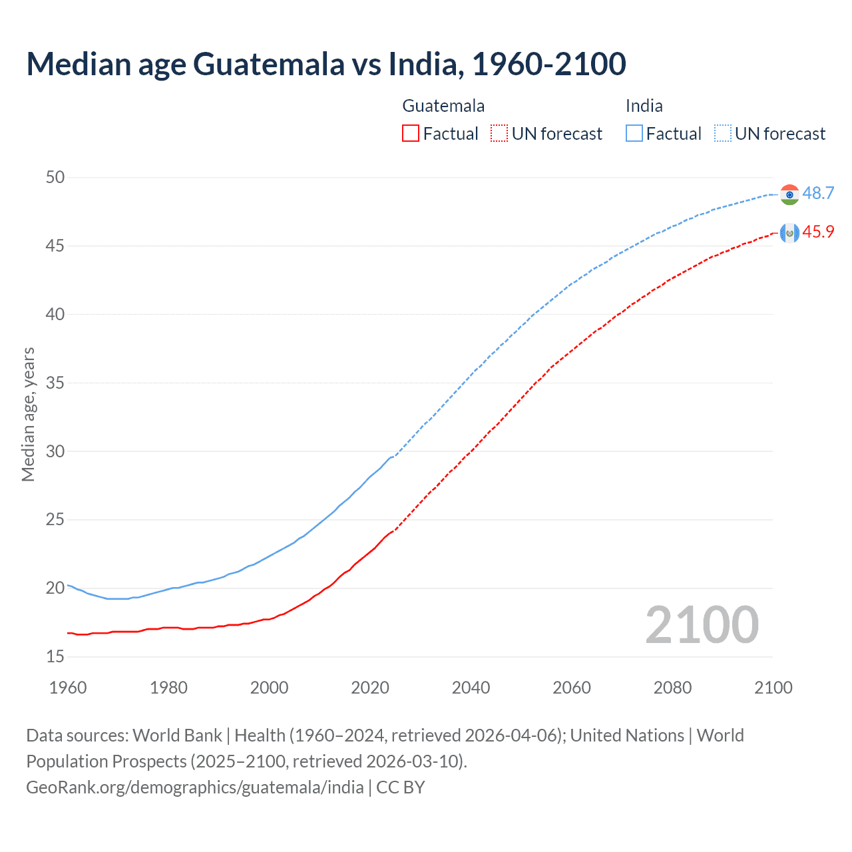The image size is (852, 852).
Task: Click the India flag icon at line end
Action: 789,194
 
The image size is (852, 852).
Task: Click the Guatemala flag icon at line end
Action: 789,233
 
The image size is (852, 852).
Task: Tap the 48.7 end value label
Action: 818,193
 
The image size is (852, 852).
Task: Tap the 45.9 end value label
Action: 818,232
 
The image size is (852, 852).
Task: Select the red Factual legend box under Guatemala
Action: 411,134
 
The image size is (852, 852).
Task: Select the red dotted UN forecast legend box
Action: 499,134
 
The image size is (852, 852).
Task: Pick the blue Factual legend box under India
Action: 634,134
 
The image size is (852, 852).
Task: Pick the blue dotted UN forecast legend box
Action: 723,134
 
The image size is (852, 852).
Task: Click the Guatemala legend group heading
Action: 443,106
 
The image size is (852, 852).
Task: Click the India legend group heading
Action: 644,106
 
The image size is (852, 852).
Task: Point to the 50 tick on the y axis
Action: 56,177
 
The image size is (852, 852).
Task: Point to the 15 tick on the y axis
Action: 56,657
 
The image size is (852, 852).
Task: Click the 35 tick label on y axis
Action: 56,383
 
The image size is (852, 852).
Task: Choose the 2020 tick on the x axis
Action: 370,688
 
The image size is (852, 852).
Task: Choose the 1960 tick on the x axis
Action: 68,688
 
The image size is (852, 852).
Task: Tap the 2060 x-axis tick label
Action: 572,688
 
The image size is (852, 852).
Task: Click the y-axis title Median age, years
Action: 28,414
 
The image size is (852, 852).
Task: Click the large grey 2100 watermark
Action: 702,625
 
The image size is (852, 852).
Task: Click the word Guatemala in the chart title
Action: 269,64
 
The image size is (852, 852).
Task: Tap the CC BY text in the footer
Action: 401,787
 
